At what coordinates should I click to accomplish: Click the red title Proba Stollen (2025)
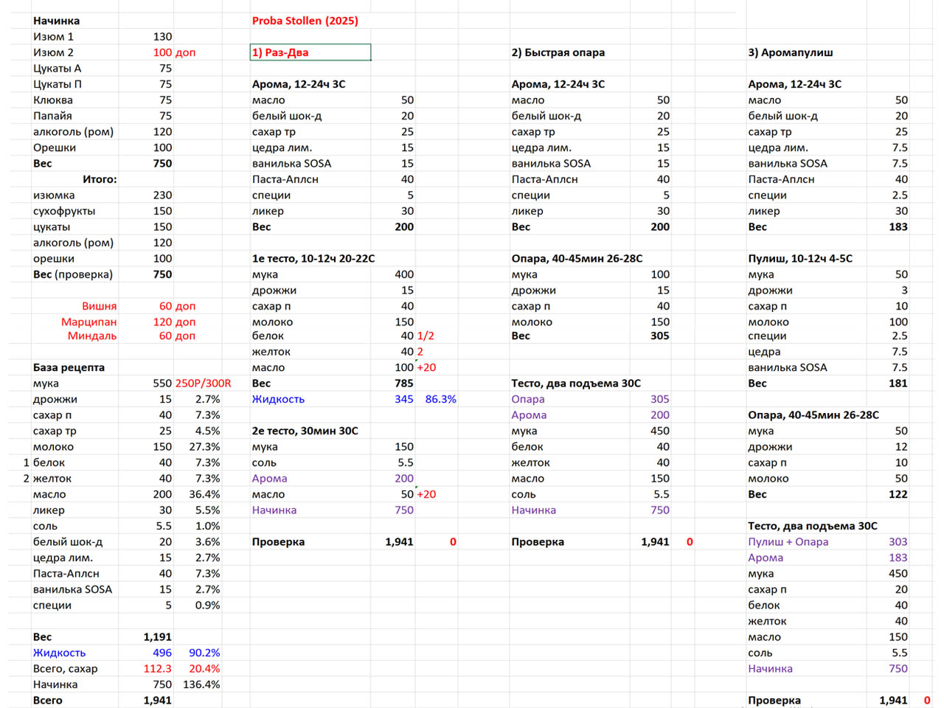pos(305,21)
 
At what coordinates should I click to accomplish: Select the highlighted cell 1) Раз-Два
pos(310,52)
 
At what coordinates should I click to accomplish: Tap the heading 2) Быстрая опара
pos(558,52)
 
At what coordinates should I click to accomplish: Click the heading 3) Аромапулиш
pos(790,52)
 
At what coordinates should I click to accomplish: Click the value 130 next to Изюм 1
pos(162,37)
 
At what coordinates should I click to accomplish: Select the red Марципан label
pos(88,322)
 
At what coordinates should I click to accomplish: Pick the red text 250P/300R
pos(203,383)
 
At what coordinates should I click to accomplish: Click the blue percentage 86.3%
pos(440,399)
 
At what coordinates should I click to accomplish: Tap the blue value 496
pos(162,653)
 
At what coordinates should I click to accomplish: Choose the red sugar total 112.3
pos(157,669)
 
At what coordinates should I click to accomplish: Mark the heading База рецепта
pos(69,367)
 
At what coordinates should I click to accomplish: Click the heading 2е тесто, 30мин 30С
pos(305,431)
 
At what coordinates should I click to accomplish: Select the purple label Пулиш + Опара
pos(788,542)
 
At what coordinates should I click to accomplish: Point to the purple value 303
pos(898,542)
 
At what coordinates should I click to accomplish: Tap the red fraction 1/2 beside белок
pos(426,336)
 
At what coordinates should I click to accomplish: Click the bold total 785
pos(403,383)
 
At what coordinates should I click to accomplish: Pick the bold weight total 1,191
pos(157,637)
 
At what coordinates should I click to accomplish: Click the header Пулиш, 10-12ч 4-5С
pos(800,259)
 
